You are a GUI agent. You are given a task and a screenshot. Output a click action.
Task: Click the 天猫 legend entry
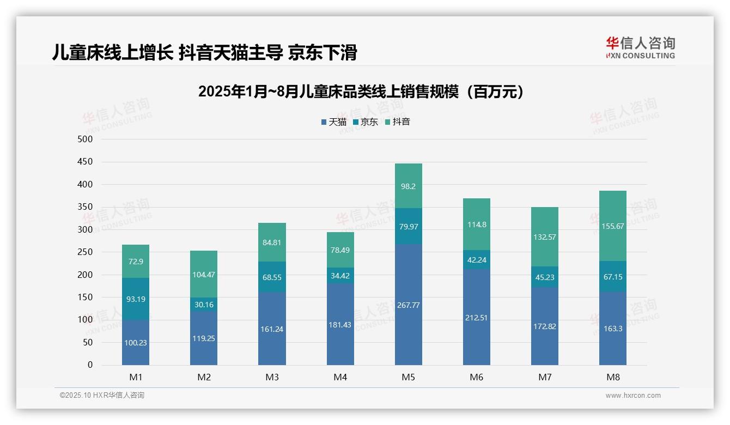[x=334, y=122]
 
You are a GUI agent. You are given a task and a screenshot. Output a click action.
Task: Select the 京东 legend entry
[x=366, y=122]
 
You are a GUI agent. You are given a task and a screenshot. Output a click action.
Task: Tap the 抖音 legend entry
[x=397, y=122]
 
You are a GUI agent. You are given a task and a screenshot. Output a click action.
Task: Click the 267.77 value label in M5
[x=408, y=305]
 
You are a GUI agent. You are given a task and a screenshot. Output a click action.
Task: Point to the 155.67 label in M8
[x=613, y=226]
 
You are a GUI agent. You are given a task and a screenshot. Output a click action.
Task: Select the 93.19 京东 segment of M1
[x=136, y=299]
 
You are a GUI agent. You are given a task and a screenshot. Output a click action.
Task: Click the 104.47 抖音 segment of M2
[x=204, y=275]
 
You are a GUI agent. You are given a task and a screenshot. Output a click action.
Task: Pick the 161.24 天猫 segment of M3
[x=272, y=329]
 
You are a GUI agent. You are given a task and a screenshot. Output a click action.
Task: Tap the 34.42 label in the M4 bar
[x=340, y=276]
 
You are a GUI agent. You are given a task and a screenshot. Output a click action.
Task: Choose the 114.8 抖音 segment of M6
[x=477, y=224]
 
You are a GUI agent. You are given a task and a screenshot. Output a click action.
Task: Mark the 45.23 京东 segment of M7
[x=545, y=277]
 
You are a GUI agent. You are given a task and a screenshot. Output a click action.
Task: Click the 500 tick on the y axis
[x=86, y=139]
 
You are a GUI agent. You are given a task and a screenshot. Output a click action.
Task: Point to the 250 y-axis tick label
[x=86, y=252]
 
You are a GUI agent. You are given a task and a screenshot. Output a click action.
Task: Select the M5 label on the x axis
[x=408, y=377]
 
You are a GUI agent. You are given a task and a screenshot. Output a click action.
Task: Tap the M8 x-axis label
[x=613, y=377]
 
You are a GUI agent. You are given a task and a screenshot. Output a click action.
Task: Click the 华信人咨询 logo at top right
[x=640, y=47]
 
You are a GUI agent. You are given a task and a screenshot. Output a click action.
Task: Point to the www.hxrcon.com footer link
[x=633, y=396]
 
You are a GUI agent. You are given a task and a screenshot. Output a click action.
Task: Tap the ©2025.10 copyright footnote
[x=102, y=396]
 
